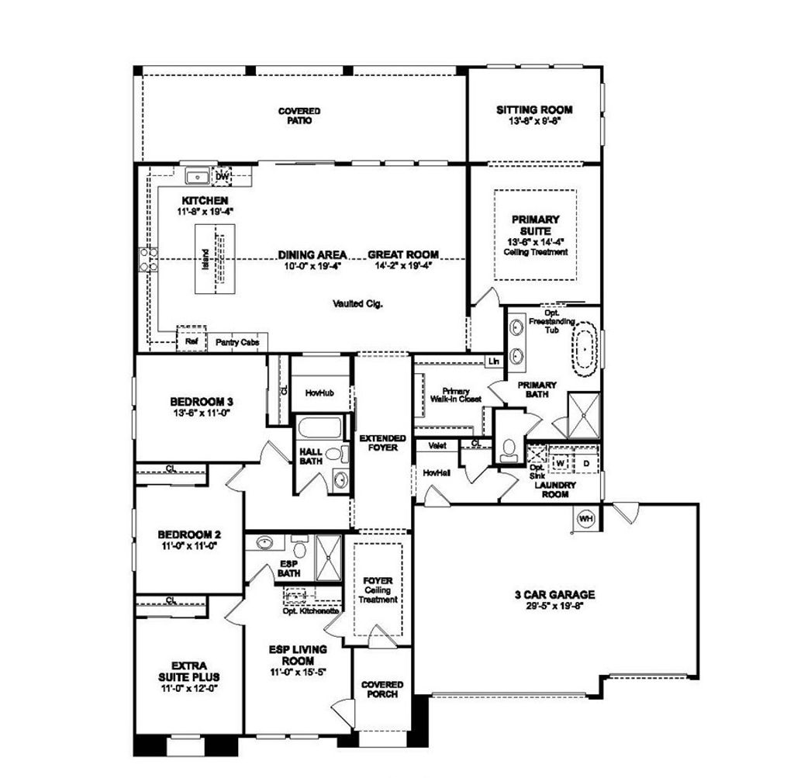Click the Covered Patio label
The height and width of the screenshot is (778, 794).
299,116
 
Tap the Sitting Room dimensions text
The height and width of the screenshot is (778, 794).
534,122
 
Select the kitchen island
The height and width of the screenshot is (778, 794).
215,259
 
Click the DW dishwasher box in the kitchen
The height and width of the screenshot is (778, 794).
222,176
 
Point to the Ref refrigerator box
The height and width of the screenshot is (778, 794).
191,341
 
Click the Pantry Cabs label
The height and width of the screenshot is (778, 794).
236,341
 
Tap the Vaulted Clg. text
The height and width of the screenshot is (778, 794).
357,303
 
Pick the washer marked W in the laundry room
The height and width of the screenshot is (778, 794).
560,462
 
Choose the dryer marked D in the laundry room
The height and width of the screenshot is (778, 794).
586,462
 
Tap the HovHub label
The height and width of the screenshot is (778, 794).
319,393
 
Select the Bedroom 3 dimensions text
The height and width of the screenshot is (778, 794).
201,413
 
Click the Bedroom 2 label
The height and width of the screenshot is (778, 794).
189,534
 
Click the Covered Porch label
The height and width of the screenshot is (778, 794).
381,689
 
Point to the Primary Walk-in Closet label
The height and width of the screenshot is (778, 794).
456,395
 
